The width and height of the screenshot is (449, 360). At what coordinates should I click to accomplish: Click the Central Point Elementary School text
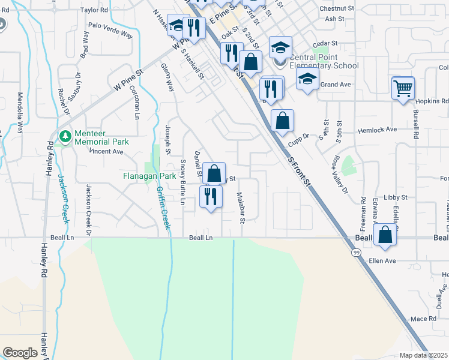point(324,66)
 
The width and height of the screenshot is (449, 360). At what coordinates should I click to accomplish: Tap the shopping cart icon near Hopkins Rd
point(403,88)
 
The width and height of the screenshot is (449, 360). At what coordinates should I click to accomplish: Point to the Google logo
point(20,353)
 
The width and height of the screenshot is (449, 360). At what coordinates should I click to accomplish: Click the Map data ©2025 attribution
point(423,355)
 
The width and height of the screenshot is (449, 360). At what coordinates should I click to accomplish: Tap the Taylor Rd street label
point(94,10)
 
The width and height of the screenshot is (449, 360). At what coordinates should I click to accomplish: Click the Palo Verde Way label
point(110,30)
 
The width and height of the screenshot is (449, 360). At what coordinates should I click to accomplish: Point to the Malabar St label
point(241,208)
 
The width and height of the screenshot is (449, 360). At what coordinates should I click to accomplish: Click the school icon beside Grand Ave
point(307,80)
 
